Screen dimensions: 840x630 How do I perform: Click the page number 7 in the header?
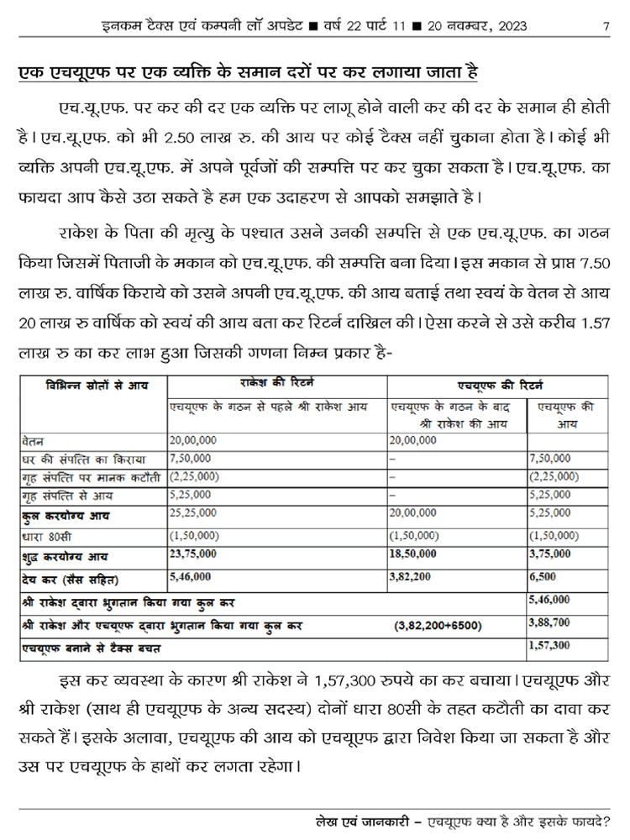(606, 25)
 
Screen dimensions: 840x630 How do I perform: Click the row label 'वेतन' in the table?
(34, 439)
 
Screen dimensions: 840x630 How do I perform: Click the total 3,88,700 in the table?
(550, 622)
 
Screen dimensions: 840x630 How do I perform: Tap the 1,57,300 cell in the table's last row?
(550, 646)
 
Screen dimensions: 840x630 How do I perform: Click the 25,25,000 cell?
(192, 513)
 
